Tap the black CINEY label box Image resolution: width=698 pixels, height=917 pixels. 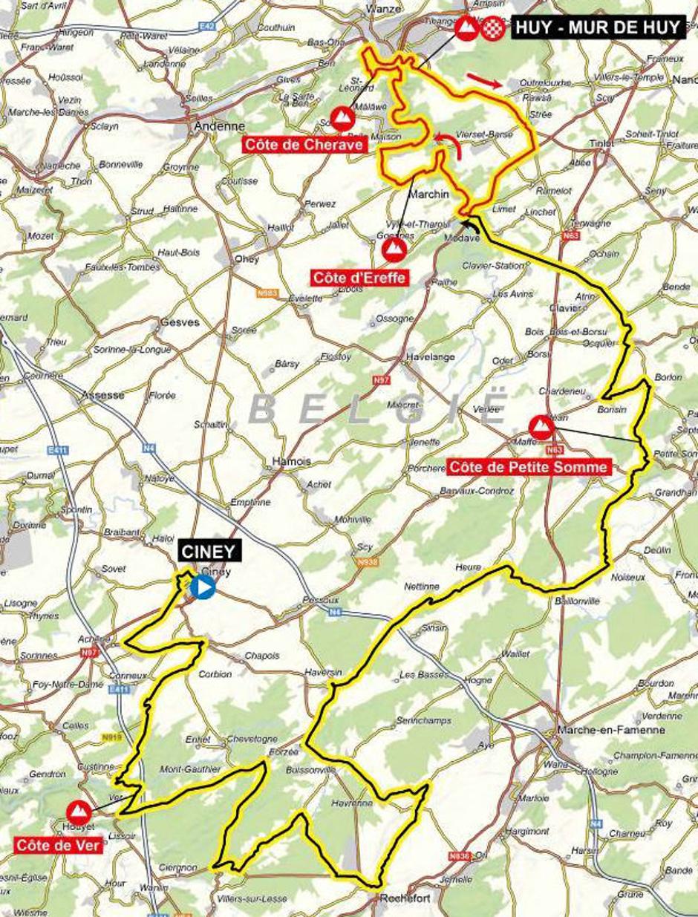[210, 551]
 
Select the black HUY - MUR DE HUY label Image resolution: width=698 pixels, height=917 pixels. [596, 29]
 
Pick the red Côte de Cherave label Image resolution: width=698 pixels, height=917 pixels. [305, 145]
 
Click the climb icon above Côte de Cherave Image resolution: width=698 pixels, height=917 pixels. [342, 117]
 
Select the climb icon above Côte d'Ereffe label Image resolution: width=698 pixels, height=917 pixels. [393, 249]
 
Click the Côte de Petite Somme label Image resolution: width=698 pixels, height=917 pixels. [529, 467]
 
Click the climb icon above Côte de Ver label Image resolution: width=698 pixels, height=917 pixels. [78, 812]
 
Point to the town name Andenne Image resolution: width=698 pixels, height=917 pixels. [209, 126]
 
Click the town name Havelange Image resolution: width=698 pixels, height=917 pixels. [430, 357]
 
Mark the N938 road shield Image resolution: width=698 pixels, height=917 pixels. [367, 562]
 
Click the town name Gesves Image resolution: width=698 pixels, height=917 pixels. [180, 323]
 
